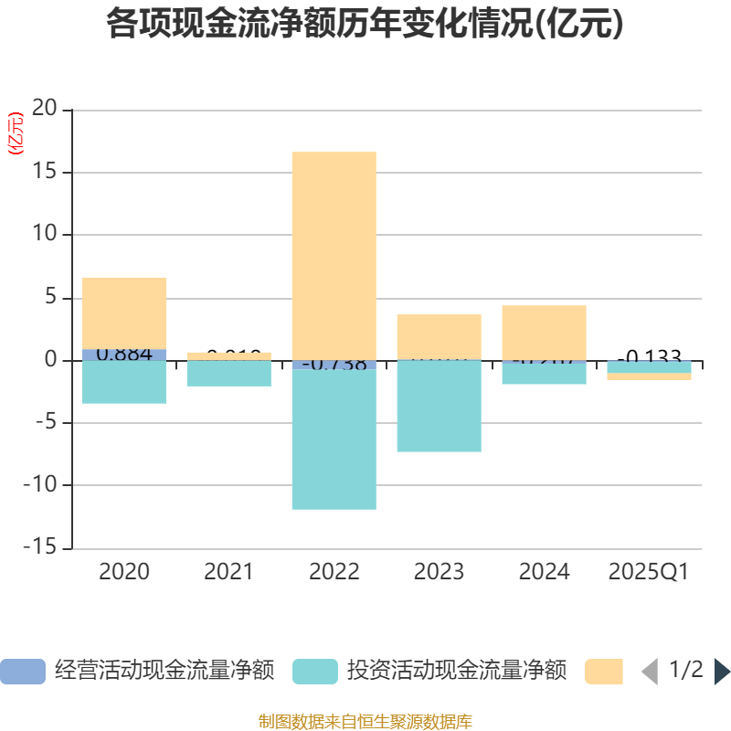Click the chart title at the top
[x=365, y=24]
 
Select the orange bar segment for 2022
[x=334, y=256]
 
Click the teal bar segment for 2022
[x=334, y=439]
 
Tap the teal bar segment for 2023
[x=439, y=407]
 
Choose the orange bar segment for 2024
[x=544, y=331]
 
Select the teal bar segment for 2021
[x=228, y=374]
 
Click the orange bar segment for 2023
[x=439, y=335]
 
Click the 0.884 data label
[x=124, y=354]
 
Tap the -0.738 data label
[x=334, y=365]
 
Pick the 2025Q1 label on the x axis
[x=648, y=572]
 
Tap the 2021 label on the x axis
[x=228, y=572]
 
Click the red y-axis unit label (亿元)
[x=16, y=134]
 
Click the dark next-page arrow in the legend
[x=722, y=672]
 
